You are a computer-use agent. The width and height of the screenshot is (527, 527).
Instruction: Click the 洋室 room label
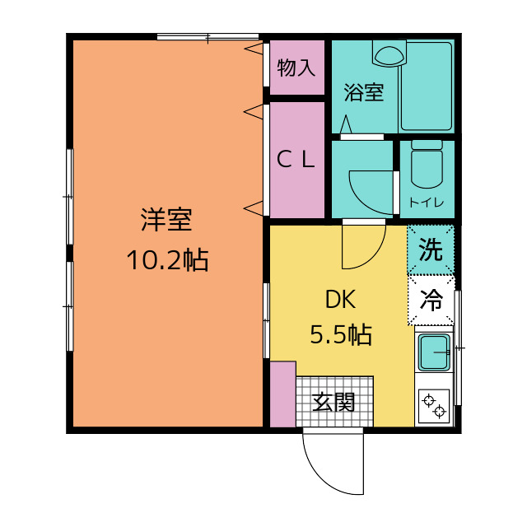[166, 220]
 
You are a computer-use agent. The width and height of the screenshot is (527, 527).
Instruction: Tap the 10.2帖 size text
[167, 260]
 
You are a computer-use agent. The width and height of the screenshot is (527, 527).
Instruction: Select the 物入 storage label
[296, 68]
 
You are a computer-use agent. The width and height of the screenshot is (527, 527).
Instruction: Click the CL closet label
[296, 160]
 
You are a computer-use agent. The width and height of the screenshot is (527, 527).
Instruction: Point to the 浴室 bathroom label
[364, 92]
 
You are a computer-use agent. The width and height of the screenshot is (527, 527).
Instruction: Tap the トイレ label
[427, 203]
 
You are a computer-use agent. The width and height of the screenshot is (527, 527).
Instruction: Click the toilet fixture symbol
[427, 165]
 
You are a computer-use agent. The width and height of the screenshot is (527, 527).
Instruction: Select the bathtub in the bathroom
[427, 86]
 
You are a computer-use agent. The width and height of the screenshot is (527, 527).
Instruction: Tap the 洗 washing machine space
[431, 250]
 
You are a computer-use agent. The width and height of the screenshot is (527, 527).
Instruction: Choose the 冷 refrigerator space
[431, 300]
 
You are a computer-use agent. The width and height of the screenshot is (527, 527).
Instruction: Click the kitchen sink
[434, 352]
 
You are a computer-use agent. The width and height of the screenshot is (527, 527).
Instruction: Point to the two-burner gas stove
[434, 406]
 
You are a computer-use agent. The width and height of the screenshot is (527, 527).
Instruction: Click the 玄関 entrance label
[333, 402]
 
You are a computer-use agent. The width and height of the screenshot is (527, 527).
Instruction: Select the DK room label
[340, 300]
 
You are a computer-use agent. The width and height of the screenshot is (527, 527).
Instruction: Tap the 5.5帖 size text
[341, 334]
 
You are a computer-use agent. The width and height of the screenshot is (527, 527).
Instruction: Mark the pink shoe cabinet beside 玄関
[283, 394]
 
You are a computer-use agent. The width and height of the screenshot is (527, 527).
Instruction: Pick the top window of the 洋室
[208, 36]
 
